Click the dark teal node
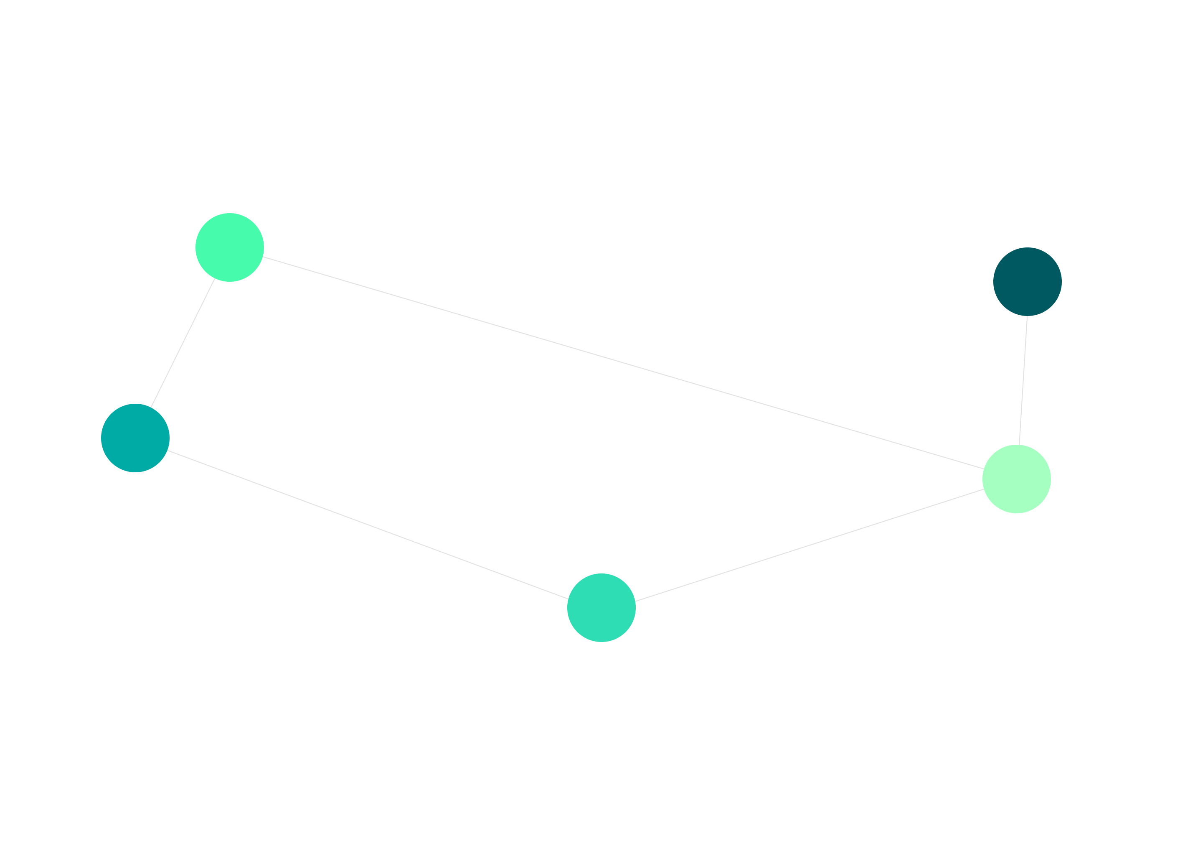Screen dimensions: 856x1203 click(1027, 281)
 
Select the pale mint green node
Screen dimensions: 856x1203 click(1017, 479)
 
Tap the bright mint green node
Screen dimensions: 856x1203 click(230, 247)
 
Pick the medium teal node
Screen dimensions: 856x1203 click(135, 438)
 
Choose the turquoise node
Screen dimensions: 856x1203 click(601, 607)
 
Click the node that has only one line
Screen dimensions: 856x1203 click(1027, 281)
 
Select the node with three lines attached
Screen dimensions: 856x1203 click(1017, 479)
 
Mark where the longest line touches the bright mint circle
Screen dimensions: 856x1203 click(263, 257)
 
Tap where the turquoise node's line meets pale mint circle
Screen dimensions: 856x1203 click(984, 489)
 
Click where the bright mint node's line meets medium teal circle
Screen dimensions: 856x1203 click(151, 407)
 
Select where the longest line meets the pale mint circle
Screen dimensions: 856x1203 click(983, 469)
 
